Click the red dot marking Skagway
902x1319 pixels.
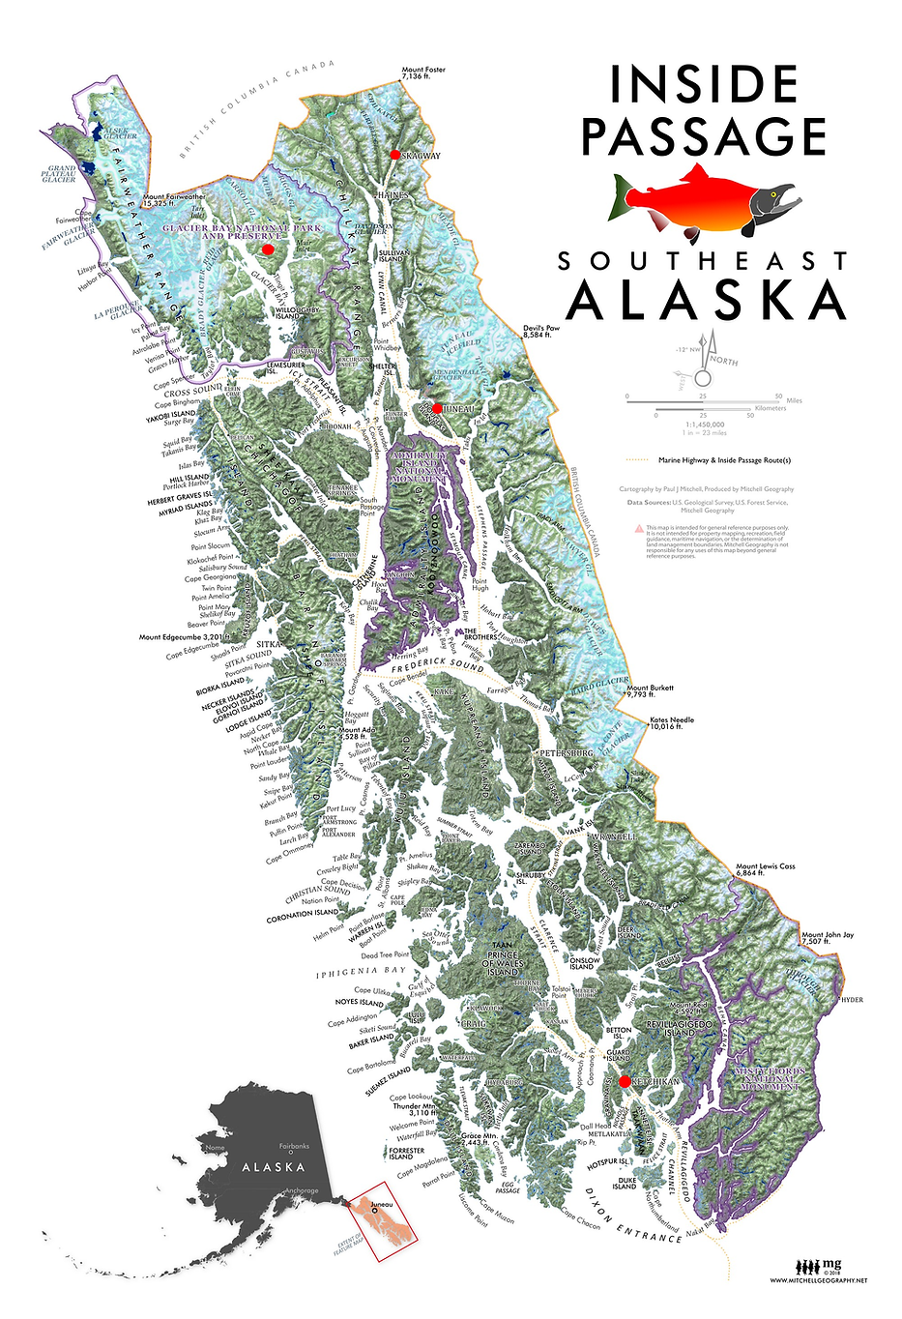click(x=394, y=155)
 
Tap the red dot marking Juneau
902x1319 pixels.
click(x=437, y=409)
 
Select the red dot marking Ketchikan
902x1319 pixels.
click(x=625, y=1081)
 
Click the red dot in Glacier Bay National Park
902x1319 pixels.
click(x=269, y=249)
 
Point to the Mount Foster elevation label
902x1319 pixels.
click(x=423, y=73)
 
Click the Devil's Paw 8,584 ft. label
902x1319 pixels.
click(x=542, y=332)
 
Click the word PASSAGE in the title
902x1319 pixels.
click(x=704, y=136)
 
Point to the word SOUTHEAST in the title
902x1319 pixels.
click(x=703, y=261)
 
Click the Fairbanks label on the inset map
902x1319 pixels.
click(x=294, y=1146)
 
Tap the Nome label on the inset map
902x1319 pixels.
click(x=215, y=1148)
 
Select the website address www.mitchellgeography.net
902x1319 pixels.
click(x=818, y=1280)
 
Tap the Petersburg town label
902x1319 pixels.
click(x=566, y=752)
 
